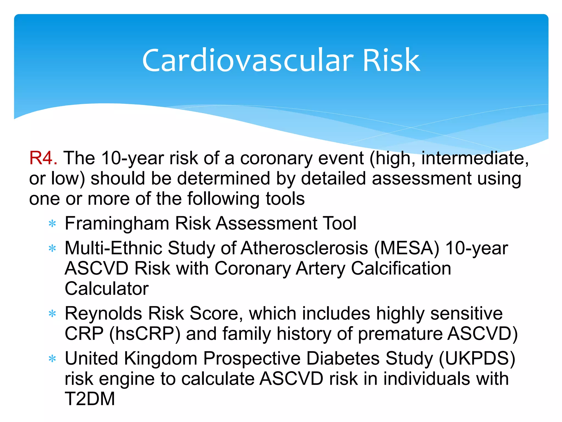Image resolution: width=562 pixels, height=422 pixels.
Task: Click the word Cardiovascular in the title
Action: click(x=248, y=60)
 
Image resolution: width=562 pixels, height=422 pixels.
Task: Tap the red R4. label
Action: click(x=43, y=158)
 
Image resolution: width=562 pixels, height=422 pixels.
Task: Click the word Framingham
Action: click(x=117, y=224)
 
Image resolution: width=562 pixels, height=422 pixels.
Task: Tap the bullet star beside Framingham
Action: click(x=52, y=224)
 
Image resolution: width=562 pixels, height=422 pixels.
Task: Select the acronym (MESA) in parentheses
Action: click(x=406, y=248)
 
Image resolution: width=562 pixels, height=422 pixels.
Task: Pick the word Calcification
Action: click(x=401, y=268)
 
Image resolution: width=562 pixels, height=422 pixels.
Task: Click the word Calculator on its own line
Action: click(x=106, y=289)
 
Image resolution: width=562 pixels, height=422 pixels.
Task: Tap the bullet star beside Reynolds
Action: click(x=52, y=313)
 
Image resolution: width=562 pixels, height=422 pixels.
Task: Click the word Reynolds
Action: click(x=103, y=313)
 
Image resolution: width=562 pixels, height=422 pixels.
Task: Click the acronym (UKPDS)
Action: click(x=477, y=359)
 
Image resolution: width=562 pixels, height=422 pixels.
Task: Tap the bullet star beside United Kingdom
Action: click(x=52, y=359)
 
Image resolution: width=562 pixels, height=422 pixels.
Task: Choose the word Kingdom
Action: click(x=161, y=359)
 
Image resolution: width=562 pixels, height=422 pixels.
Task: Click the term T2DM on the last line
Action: click(x=90, y=399)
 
